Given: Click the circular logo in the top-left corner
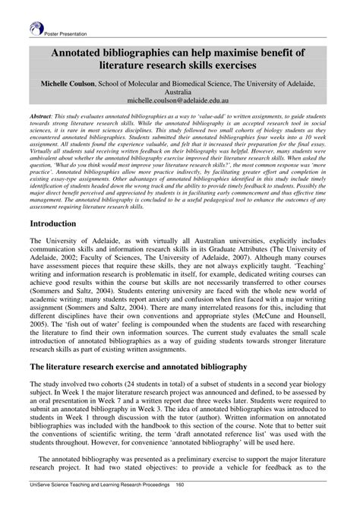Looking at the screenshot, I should pyautogui.click(x=36, y=29).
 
